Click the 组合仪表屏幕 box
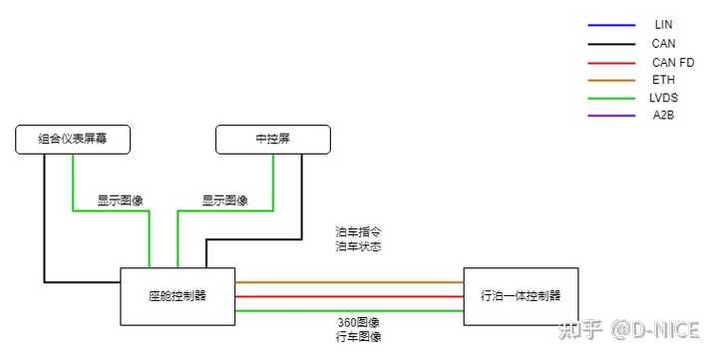tap(72, 140)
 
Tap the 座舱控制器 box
tap(178, 296)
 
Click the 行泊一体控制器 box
tap(520, 296)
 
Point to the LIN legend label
tap(663, 23)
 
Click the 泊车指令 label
tap(359, 231)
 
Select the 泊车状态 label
tap(359, 246)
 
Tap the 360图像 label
tap(358, 323)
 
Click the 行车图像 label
tap(358, 338)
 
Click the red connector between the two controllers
tap(349, 296)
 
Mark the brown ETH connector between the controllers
tap(349, 281)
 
